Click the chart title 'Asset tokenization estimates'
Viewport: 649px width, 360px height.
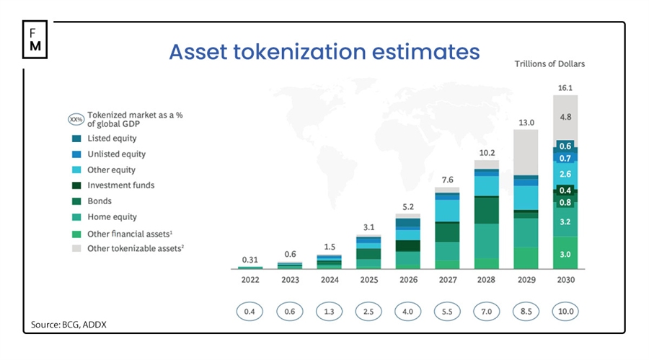coord(324,52)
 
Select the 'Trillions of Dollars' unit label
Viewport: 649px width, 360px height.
coord(549,63)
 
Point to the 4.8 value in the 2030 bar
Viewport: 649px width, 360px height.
coord(566,116)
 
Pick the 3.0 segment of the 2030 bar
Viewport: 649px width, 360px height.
coord(566,254)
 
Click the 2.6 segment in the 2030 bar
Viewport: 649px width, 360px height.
coord(566,174)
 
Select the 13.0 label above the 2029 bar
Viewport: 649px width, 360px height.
coord(528,123)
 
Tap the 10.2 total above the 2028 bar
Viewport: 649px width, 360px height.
coord(488,152)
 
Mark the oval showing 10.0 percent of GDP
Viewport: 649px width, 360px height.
coord(566,311)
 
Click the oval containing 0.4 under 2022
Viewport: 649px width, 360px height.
coord(250,311)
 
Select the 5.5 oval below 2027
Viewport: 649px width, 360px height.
coord(448,311)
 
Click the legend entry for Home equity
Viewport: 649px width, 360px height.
coord(112,217)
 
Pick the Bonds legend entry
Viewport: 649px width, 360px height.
coord(100,201)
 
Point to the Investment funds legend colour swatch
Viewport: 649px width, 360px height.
coord(76,185)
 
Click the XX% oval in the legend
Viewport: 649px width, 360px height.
coord(76,119)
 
